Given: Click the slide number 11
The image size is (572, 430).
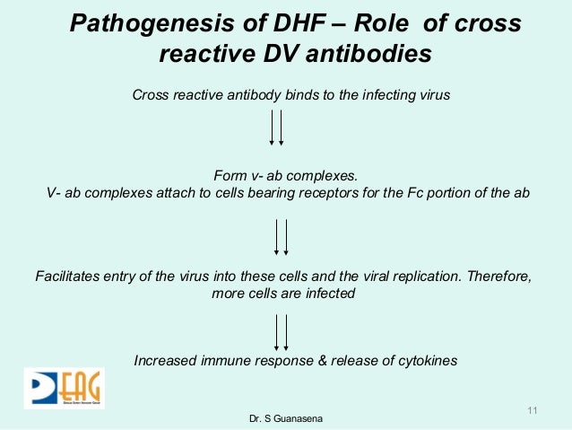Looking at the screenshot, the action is (533, 411).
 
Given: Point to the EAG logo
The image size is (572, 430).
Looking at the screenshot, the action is (64, 388).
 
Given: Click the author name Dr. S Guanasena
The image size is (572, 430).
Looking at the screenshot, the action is (286, 419).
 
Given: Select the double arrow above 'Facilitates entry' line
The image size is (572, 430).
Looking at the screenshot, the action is (282, 238).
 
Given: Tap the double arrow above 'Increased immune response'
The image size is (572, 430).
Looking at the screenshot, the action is (282, 331).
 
